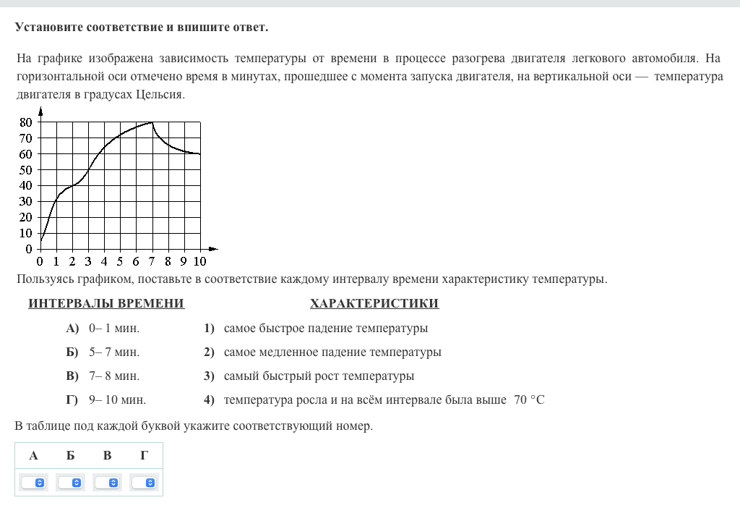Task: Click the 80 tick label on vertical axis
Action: (25, 122)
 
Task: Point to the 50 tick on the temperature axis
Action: (25, 169)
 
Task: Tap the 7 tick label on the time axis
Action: (152, 261)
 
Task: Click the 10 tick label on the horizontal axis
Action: (199, 261)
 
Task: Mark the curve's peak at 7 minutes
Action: (152, 122)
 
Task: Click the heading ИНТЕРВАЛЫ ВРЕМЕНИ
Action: (106, 303)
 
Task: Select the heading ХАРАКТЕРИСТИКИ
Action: (374, 303)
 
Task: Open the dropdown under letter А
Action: (34, 483)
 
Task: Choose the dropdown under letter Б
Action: (70, 483)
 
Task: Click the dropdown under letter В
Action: (108, 483)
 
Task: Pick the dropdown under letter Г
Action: (145, 483)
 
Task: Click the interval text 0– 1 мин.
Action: (114, 329)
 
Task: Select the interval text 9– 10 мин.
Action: (117, 399)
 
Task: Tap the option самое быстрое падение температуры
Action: (326, 329)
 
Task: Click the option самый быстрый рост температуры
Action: (319, 376)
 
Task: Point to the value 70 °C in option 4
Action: (529, 399)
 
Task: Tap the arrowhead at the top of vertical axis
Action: (40, 111)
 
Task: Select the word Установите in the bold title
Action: (49, 28)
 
